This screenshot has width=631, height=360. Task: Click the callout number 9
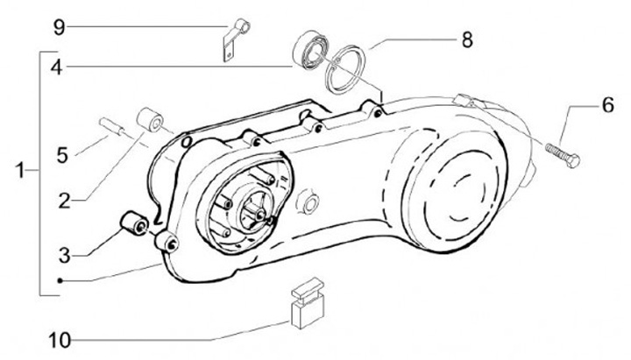coord(59,26)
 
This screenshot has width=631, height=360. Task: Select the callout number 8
coord(466,39)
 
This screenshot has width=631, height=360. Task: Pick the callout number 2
coord(65,201)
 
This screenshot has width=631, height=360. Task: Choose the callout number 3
coord(64,255)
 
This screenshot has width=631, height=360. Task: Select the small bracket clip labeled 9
coord(231,41)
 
